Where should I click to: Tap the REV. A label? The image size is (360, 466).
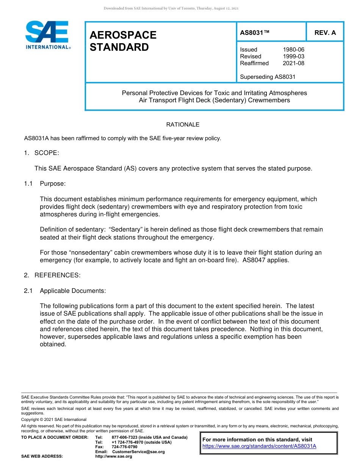point(325,33)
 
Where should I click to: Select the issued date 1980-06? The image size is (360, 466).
point(293,50)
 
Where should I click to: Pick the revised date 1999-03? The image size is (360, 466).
point(293,56)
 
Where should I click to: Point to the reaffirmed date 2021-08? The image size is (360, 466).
point(293,63)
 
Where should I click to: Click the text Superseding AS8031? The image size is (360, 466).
point(268,77)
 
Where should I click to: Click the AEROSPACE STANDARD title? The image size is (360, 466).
point(123,41)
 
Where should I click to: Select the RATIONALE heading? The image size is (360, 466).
point(183,125)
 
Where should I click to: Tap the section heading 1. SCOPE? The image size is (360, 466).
point(42,153)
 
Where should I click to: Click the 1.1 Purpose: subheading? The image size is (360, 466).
point(45,184)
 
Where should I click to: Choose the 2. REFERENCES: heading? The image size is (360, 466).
point(52,275)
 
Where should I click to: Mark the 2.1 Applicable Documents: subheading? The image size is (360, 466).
point(65,291)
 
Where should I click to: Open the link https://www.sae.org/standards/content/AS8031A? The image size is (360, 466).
point(259,446)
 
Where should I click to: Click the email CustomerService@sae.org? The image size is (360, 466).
point(138,452)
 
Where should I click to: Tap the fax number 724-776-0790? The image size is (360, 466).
point(124,447)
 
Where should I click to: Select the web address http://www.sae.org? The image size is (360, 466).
point(113,457)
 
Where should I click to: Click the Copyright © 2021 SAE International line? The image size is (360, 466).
point(54,419)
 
